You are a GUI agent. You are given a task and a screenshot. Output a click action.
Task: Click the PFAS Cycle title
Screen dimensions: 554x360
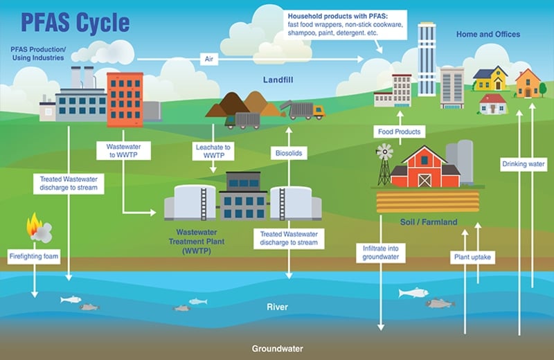click(x=75, y=23)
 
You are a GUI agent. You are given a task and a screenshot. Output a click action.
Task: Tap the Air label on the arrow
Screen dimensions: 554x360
click(x=209, y=59)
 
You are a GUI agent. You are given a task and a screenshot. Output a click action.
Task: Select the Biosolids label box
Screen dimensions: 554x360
click(x=289, y=153)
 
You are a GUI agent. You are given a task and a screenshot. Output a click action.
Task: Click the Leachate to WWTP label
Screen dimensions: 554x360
click(x=213, y=151)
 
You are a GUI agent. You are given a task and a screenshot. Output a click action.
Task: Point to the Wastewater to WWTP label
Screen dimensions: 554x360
click(x=124, y=150)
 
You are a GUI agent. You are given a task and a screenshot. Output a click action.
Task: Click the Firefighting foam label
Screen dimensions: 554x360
click(x=34, y=256)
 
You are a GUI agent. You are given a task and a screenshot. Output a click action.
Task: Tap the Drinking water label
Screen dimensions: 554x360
click(x=524, y=164)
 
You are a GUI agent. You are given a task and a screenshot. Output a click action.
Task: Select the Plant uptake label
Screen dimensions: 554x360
click(x=472, y=258)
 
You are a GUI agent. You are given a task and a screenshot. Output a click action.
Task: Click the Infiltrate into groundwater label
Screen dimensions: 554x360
click(x=380, y=253)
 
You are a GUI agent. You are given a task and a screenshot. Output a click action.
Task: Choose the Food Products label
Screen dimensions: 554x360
click(x=400, y=132)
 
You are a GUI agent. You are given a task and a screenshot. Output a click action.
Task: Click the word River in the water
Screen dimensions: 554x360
click(x=278, y=307)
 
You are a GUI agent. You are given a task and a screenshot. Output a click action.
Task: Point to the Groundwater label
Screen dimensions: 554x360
click(x=278, y=349)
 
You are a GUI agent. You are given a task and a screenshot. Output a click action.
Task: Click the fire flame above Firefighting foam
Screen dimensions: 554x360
click(x=34, y=224)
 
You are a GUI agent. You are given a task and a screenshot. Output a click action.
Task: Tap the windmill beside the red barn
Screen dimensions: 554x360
click(x=384, y=164)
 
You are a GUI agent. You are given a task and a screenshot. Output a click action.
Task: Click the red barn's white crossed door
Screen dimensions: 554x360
click(x=425, y=181)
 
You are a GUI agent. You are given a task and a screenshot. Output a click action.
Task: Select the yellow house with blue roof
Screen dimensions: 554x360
click(x=490, y=78)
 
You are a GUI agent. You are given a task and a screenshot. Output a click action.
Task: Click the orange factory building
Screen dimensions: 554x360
click(x=125, y=100)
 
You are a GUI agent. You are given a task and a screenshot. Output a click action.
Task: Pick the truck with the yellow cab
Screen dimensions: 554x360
click(x=303, y=110)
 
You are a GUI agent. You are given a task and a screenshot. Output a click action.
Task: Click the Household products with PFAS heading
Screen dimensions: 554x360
click(x=338, y=16)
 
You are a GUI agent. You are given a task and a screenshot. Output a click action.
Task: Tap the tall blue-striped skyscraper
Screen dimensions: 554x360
click(x=427, y=59)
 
